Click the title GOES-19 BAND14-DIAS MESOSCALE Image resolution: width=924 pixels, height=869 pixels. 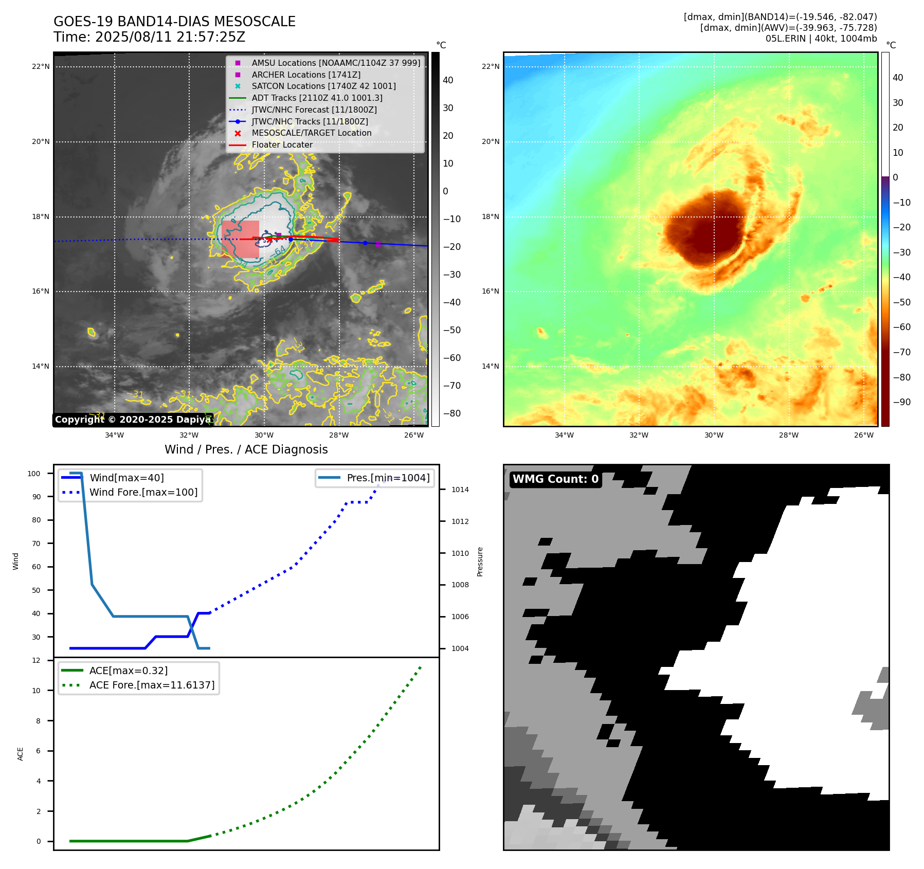[x=174, y=22]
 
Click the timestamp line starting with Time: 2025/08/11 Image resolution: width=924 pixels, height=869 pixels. [x=149, y=37]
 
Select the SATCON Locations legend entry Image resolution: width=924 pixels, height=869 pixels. [x=323, y=86]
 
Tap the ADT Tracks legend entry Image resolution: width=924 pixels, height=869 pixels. [x=317, y=98]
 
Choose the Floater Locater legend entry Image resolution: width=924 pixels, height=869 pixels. [x=282, y=144]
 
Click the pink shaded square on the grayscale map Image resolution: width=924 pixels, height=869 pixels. [x=240, y=239]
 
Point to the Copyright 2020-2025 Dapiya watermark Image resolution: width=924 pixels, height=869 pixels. [x=133, y=420]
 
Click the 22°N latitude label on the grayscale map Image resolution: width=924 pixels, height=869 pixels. [x=41, y=66]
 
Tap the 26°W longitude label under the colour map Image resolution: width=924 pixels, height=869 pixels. [x=863, y=435]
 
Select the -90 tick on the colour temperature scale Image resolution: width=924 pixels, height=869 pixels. [x=901, y=402]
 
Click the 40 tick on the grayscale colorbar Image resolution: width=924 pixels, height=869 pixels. [x=448, y=80]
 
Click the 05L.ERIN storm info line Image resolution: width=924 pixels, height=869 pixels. [x=821, y=39]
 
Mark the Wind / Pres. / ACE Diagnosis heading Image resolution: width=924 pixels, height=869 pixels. [x=246, y=449]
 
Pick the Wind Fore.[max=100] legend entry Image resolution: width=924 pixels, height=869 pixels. [x=143, y=492]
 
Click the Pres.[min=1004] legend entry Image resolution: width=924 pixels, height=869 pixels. [x=388, y=478]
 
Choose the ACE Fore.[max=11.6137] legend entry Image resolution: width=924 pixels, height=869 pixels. [x=152, y=685]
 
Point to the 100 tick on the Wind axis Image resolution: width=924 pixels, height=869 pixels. [x=34, y=474]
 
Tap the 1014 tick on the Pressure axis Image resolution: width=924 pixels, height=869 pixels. [x=460, y=490]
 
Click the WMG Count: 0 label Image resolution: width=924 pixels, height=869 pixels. [x=555, y=479]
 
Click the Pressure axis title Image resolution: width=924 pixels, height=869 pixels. [x=480, y=562]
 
